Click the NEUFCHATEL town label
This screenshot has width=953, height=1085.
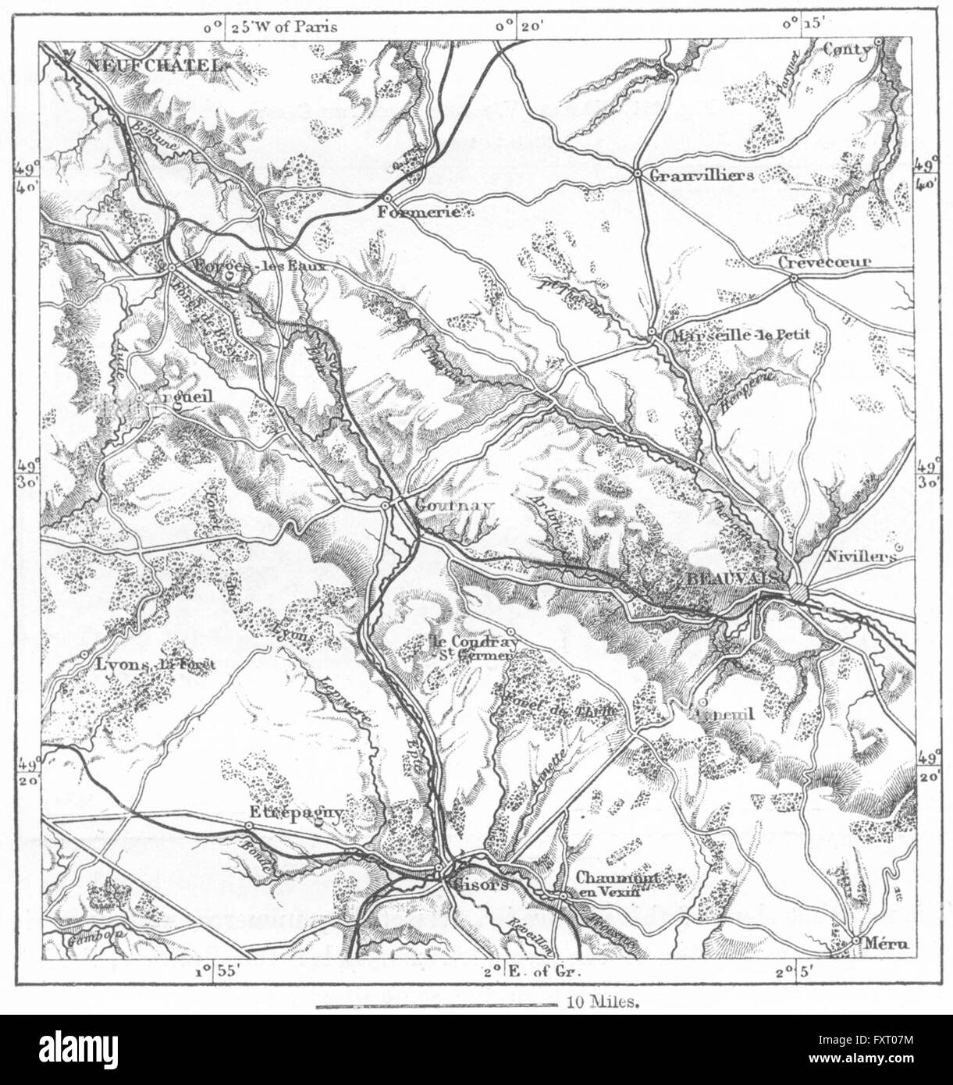tap(155, 66)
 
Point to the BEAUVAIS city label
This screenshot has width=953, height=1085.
tap(732, 577)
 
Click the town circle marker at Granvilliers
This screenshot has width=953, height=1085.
tap(638, 174)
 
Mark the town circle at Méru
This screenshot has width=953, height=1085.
tap(856, 941)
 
